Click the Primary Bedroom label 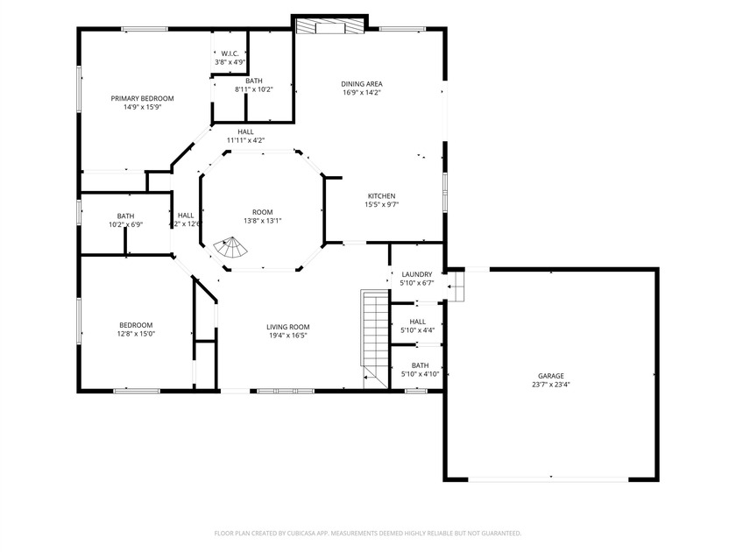click(x=141, y=98)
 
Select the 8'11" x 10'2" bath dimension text click(x=254, y=89)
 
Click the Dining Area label click(x=361, y=84)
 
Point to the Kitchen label click(x=381, y=195)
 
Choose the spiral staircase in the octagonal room click(x=233, y=250)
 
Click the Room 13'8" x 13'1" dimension click(x=262, y=221)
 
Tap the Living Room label click(x=288, y=326)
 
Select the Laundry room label click(x=416, y=274)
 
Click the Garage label click(x=550, y=375)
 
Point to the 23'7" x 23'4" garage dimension click(x=550, y=384)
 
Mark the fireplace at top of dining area click(x=329, y=26)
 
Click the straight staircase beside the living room click(x=374, y=337)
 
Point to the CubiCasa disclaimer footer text click(x=368, y=533)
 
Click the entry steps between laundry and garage click(x=456, y=285)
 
